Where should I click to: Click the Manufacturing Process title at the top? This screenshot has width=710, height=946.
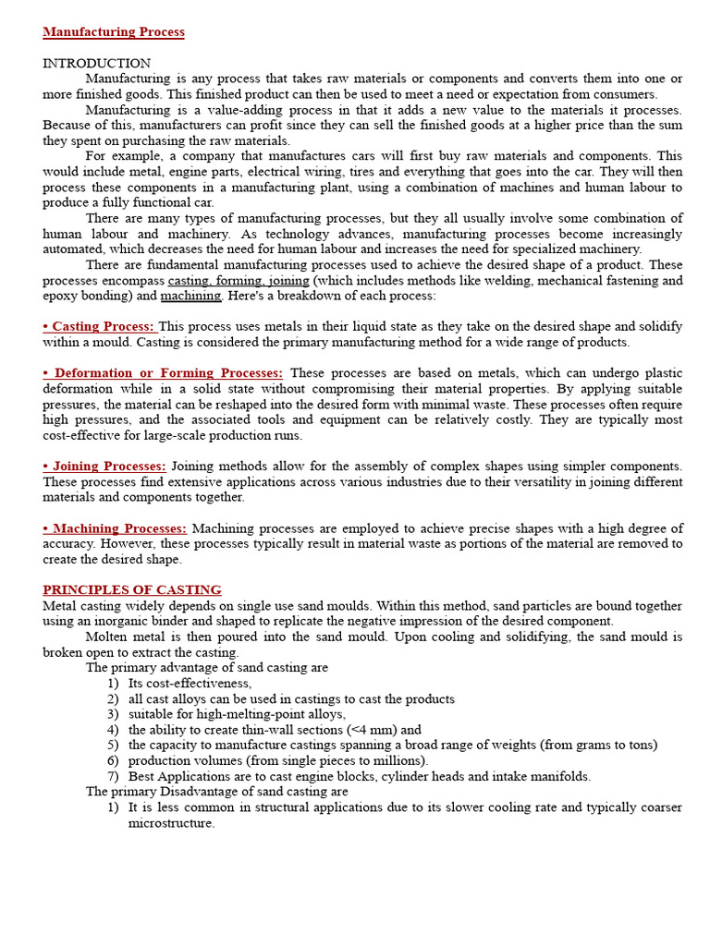[x=114, y=32]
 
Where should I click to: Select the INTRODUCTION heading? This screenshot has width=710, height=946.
[x=96, y=64]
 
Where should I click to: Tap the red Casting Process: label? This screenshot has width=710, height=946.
[x=101, y=327]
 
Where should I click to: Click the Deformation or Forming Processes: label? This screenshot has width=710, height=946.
[x=163, y=373]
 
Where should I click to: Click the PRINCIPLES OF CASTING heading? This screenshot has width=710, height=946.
[x=132, y=590]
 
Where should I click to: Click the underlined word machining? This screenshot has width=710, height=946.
[x=191, y=297]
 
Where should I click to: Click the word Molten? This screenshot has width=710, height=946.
[x=107, y=637]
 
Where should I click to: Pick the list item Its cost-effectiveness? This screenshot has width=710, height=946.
[x=190, y=684]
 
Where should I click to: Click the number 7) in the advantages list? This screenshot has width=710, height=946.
[x=113, y=777]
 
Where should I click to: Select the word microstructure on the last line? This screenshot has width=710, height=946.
[x=171, y=823]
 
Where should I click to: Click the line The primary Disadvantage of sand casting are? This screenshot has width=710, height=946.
[x=217, y=792]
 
